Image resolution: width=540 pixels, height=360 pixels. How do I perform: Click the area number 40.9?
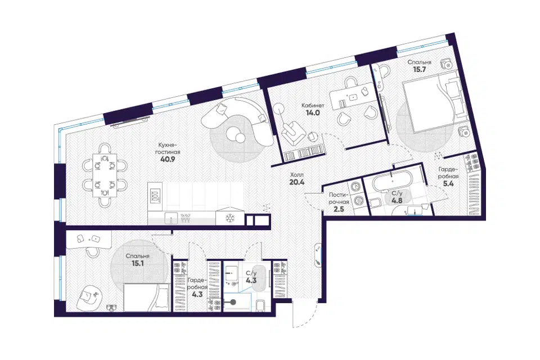point(168,159)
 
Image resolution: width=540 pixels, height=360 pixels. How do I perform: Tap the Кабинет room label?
point(313,105)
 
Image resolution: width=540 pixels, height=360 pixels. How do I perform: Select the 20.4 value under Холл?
point(297,182)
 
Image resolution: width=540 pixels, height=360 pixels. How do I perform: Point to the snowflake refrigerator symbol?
point(229,218)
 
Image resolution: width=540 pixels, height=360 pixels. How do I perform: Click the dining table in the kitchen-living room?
point(105,175)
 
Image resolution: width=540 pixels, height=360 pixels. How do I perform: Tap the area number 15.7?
point(419,69)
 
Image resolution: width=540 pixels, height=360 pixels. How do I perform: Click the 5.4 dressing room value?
point(448,183)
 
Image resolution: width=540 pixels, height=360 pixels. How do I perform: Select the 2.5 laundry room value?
point(339,209)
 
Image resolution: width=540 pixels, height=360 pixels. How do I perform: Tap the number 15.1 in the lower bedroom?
point(137,264)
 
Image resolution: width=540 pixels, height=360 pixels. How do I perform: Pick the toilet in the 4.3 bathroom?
point(260,305)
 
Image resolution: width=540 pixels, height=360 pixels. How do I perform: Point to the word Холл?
point(297,175)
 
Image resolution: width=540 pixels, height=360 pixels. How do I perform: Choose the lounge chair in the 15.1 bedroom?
point(89,297)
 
